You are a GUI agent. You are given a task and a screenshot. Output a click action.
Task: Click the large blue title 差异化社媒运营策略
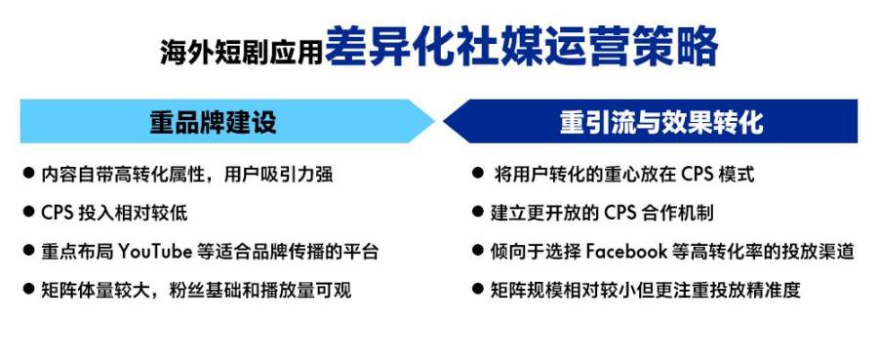tap(521, 47)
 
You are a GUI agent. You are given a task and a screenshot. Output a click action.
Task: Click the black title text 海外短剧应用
tap(241, 52)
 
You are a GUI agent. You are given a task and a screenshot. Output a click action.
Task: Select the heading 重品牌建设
tap(213, 122)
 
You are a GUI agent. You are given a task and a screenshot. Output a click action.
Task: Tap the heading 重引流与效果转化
tap(661, 122)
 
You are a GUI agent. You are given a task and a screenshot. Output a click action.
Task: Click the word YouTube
tap(155, 252)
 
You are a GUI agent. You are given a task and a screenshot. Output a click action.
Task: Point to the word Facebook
tap(626, 251)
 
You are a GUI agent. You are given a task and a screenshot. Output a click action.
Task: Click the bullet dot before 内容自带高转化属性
tap(28, 173)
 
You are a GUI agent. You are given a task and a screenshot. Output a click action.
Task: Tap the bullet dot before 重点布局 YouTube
tap(28, 251)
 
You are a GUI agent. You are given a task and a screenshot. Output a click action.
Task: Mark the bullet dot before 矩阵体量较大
tap(28, 289)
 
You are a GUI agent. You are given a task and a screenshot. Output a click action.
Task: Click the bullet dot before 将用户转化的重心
tap(478, 173)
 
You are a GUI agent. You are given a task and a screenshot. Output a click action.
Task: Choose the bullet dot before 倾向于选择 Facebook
tap(478, 251)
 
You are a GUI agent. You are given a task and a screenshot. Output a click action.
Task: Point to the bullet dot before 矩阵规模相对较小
tap(478, 289)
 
